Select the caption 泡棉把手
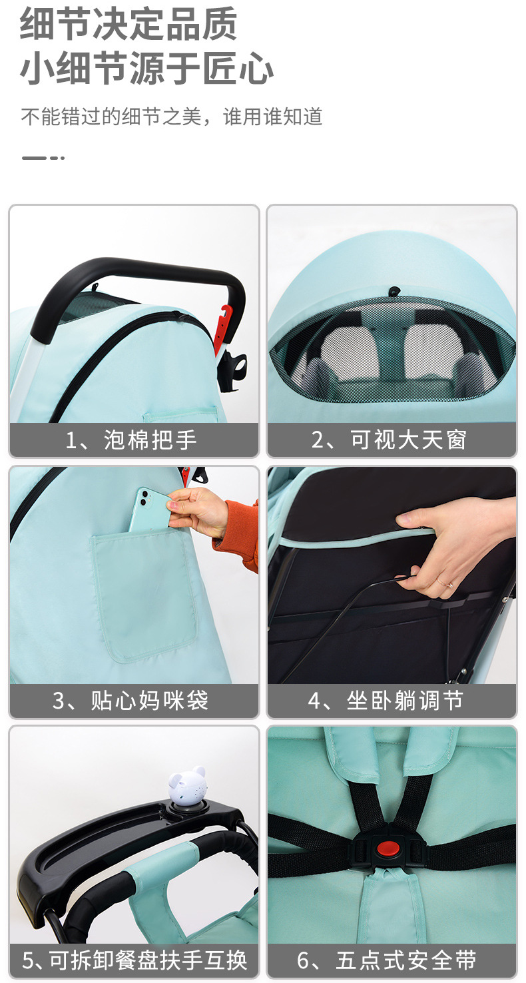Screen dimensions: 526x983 150,440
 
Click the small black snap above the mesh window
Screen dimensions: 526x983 395,290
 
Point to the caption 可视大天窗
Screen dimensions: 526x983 408,440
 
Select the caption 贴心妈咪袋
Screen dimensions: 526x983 149,701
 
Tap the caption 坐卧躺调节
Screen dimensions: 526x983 404,701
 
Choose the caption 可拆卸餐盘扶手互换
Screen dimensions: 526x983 148,960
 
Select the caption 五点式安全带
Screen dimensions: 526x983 406,960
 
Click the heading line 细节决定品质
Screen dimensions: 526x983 129,24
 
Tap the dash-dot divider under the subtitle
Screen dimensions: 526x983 43,158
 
